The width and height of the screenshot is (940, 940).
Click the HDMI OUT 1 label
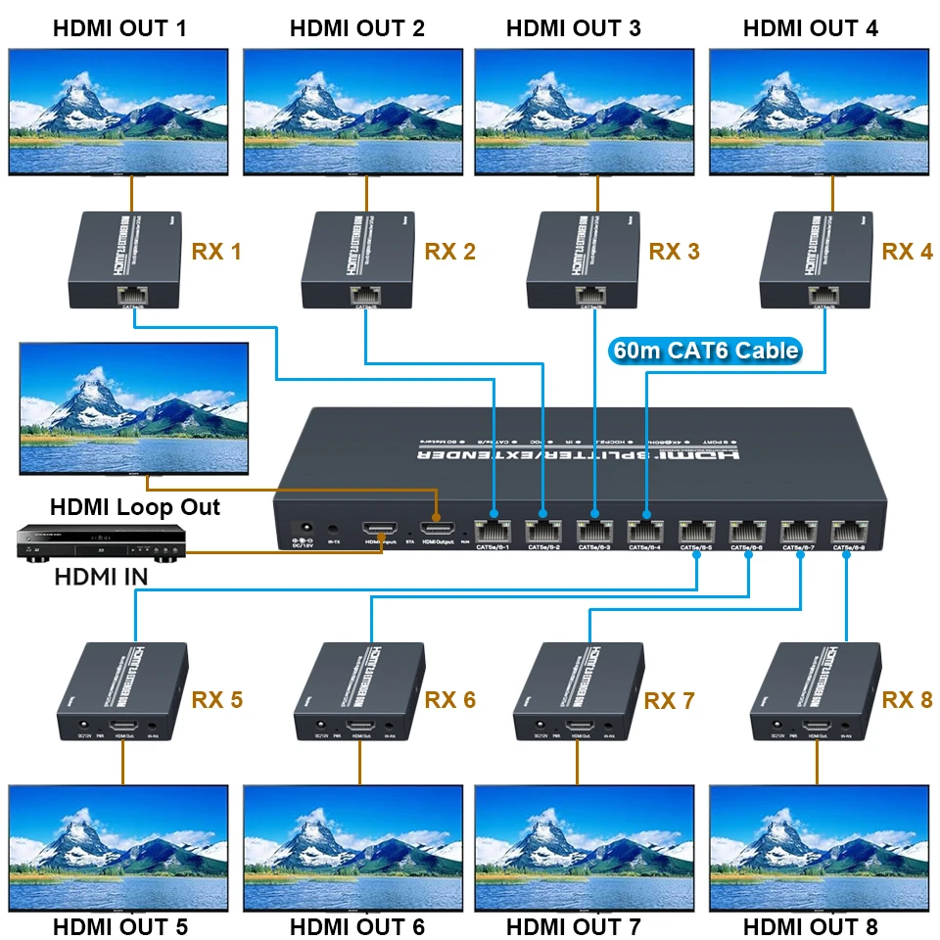tap(121, 27)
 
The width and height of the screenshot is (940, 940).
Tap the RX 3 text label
tap(675, 253)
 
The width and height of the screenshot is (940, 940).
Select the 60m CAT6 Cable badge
tap(704, 350)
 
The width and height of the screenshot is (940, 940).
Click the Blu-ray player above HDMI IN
tap(92, 544)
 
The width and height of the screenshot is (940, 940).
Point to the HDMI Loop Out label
tap(135, 507)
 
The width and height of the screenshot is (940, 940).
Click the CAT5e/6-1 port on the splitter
tap(493, 531)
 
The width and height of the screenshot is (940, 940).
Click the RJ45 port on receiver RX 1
tap(132, 293)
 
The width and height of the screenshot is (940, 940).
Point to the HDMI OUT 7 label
tap(573, 926)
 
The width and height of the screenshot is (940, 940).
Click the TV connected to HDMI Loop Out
tap(134, 407)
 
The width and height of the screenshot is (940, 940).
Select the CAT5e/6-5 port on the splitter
tap(696, 531)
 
